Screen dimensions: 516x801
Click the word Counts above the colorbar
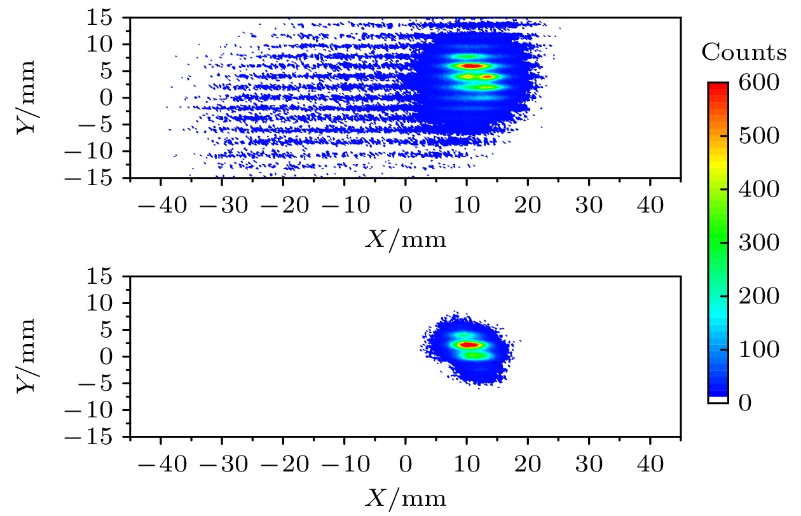[x=743, y=53]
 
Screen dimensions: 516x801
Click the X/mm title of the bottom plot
[x=405, y=498]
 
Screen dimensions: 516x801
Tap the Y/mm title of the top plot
[x=26, y=98]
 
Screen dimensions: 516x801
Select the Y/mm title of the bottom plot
[x=26, y=356]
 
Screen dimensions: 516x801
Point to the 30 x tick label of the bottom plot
[x=589, y=465]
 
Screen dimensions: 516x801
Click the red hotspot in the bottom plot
[x=469, y=344]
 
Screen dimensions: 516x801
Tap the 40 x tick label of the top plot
[x=650, y=207]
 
